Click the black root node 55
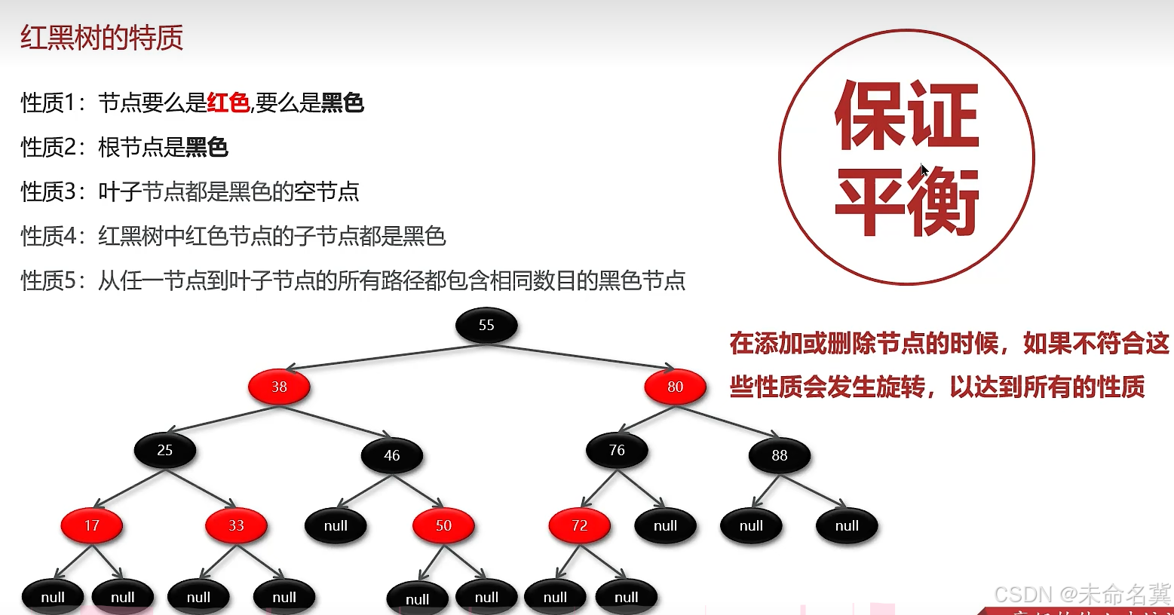pyautogui.click(x=486, y=326)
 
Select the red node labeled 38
pyautogui.click(x=279, y=387)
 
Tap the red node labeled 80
pyautogui.click(x=675, y=387)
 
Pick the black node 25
pyautogui.click(x=165, y=451)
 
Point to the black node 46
pyautogui.click(x=391, y=455)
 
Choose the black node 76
pyautogui.click(x=617, y=451)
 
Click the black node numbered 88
pyautogui.click(x=779, y=455)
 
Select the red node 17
pyautogui.click(x=91, y=525)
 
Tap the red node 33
pyautogui.click(x=236, y=525)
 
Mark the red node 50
pyautogui.click(x=443, y=525)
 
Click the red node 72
pyautogui.click(x=579, y=525)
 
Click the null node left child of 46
pyautogui.click(x=336, y=526)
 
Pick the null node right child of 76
pyautogui.click(x=665, y=526)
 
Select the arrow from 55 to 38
pyautogui.click(x=385, y=356)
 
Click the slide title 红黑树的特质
pyautogui.click(x=102, y=38)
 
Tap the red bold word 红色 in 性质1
pyautogui.click(x=228, y=102)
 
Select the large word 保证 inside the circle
pyautogui.click(x=906, y=115)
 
